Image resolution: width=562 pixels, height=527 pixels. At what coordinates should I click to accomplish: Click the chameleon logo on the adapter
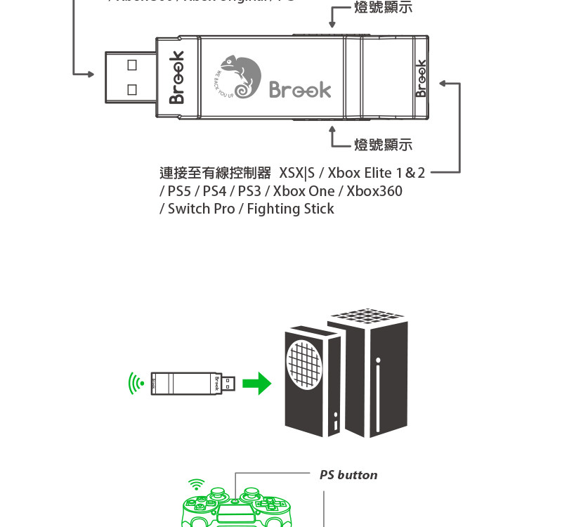pos(240,77)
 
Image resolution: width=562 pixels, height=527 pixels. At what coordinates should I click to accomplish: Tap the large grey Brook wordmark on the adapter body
pos(300,90)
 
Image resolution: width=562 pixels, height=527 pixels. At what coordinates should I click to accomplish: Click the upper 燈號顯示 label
pos(383,8)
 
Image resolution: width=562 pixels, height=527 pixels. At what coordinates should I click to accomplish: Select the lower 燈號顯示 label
pos(383,145)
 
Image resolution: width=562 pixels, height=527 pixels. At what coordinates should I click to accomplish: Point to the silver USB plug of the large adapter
pos(131,76)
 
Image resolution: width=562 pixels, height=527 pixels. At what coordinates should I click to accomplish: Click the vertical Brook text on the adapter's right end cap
pos(421,77)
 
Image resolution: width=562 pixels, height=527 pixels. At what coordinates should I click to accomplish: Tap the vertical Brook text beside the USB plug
pos(176,77)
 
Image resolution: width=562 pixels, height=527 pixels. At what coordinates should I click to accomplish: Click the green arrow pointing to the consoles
pos(256,384)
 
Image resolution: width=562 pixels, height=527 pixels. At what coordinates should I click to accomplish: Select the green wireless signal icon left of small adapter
pos(136,384)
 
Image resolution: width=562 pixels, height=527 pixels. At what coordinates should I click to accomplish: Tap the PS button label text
pos(348,475)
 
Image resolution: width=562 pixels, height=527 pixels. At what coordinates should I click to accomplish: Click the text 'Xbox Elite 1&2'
pos(377,173)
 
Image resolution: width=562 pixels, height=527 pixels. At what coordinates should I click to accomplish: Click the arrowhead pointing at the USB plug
pos(90,73)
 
